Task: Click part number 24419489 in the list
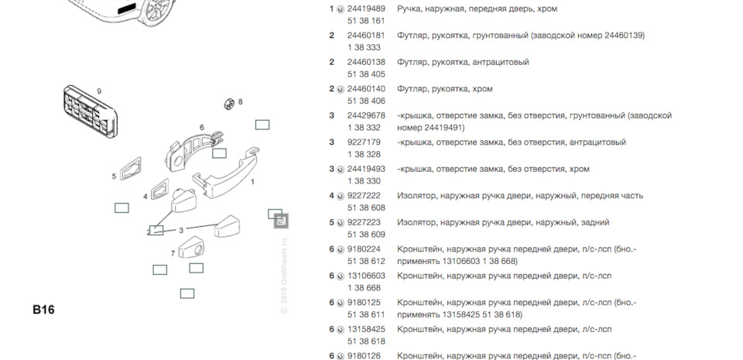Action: click(366, 9)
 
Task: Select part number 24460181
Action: click(366, 36)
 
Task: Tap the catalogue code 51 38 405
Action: click(366, 74)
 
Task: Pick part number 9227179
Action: click(364, 142)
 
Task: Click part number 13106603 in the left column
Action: click(366, 276)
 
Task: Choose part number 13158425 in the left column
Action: click(366, 329)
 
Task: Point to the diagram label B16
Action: click(43, 310)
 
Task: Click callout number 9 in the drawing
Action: click(99, 91)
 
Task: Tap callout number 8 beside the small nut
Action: click(240, 101)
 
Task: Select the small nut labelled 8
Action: click(229, 101)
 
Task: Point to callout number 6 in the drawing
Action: click(202, 128)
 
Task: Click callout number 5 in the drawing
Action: click(114, 177)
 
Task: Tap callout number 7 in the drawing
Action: click(173, 253)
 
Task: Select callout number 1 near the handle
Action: click(253, 180)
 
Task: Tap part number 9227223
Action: click(364, 222)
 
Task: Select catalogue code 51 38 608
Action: click(366, 207)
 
